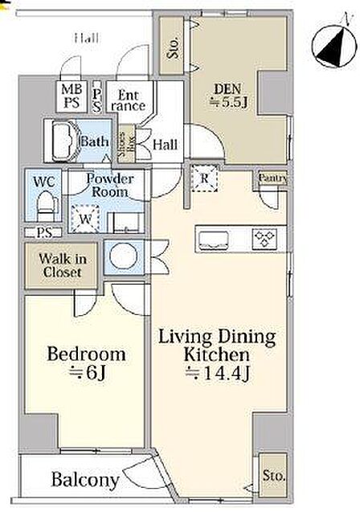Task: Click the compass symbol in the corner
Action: (333, 46)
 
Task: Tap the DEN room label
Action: (227, 88)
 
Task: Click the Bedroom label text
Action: (86, 354)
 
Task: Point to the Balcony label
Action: (85, 480)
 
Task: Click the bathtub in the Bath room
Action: (66, 141)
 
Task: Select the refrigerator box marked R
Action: (204, 178)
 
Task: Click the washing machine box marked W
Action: (85, 219)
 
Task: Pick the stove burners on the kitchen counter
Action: (264, 240)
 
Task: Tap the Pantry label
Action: (273, 178)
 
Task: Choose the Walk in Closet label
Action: (63, 265)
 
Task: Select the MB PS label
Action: (72, 96)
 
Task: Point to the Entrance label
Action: (128, 100)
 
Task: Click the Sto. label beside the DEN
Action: (173, 48)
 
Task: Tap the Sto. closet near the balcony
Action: (273, 475)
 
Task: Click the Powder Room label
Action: (109, 185)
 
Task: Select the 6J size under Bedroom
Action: (88, 373)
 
